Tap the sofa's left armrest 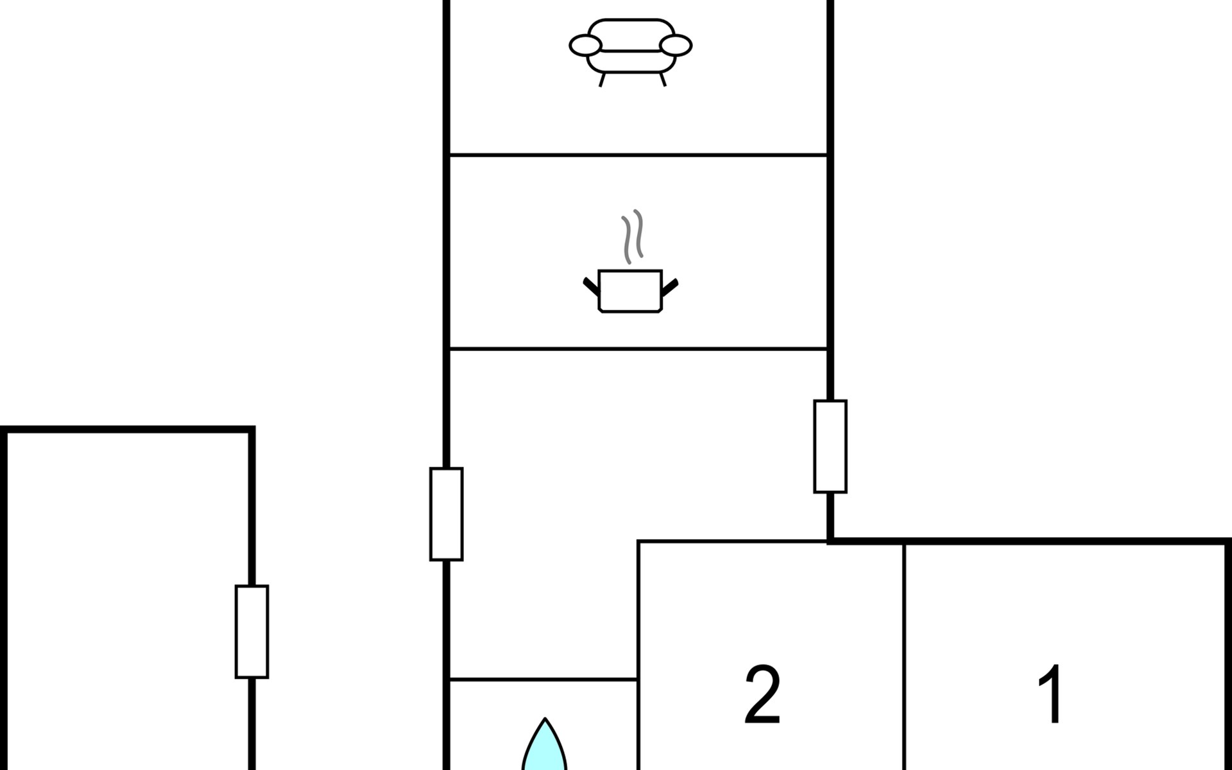[x=585, y=46]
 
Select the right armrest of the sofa [x=676, y=46]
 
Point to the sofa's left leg [x=602, y=80]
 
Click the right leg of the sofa [x=663, y=80]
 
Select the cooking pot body [x=629, y=291]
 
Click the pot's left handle [x=591, y=286]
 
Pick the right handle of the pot [x=669, y=287]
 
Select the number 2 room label [x=762, y=694]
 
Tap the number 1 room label [x=1051, y=694]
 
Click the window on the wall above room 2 [x=830, y=447]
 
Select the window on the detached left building [x=252, y=631]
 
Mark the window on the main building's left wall [x=447, y=514]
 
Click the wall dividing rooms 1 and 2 [x=904, y=656]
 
